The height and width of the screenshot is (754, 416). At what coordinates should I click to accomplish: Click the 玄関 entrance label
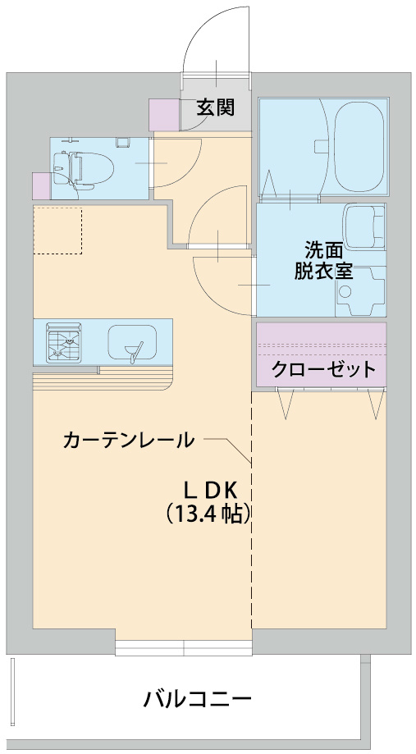pyautogui.click(x=216, y=107)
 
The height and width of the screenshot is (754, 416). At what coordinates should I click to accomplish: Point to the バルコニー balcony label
pyautogui.click(x=197, y=699)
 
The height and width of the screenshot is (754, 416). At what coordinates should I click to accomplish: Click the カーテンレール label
pyautogui.click(x=129, y=440)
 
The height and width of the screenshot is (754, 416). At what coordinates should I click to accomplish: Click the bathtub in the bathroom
pyautogui.click(x=359, y=145)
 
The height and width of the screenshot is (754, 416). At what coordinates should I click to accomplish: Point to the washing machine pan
pyautogui.click(x=361, y=292)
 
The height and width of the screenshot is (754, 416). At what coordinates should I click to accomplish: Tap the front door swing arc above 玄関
pyautogui.click(x=215, y=41)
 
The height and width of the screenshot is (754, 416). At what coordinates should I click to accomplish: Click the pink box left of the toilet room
pyautogui.click(x=40, y=186)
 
